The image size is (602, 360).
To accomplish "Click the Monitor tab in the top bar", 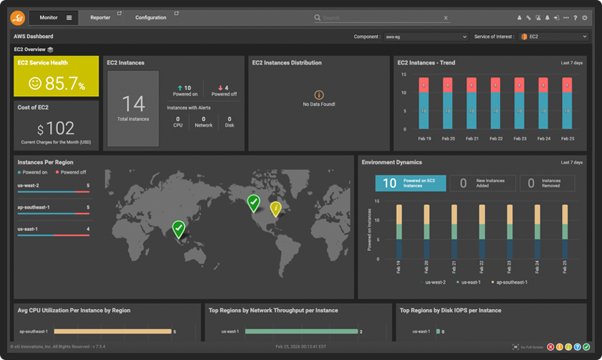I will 49,17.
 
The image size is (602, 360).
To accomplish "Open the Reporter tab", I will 100,17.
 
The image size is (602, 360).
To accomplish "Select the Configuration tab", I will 150,17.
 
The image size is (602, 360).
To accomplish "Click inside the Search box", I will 380,18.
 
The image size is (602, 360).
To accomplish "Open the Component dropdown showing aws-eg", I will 426,37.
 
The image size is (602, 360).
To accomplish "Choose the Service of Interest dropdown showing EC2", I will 553,37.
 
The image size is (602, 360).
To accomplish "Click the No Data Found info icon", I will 319,95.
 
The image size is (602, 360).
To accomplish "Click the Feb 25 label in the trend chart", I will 567,138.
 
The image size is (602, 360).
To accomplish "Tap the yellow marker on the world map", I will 275,209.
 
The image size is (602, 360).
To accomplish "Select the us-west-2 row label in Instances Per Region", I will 29,186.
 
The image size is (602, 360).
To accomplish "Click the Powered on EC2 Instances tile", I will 410,184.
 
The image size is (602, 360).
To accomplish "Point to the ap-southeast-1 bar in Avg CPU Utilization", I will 113,331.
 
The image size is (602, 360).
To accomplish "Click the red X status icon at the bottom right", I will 550,347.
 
